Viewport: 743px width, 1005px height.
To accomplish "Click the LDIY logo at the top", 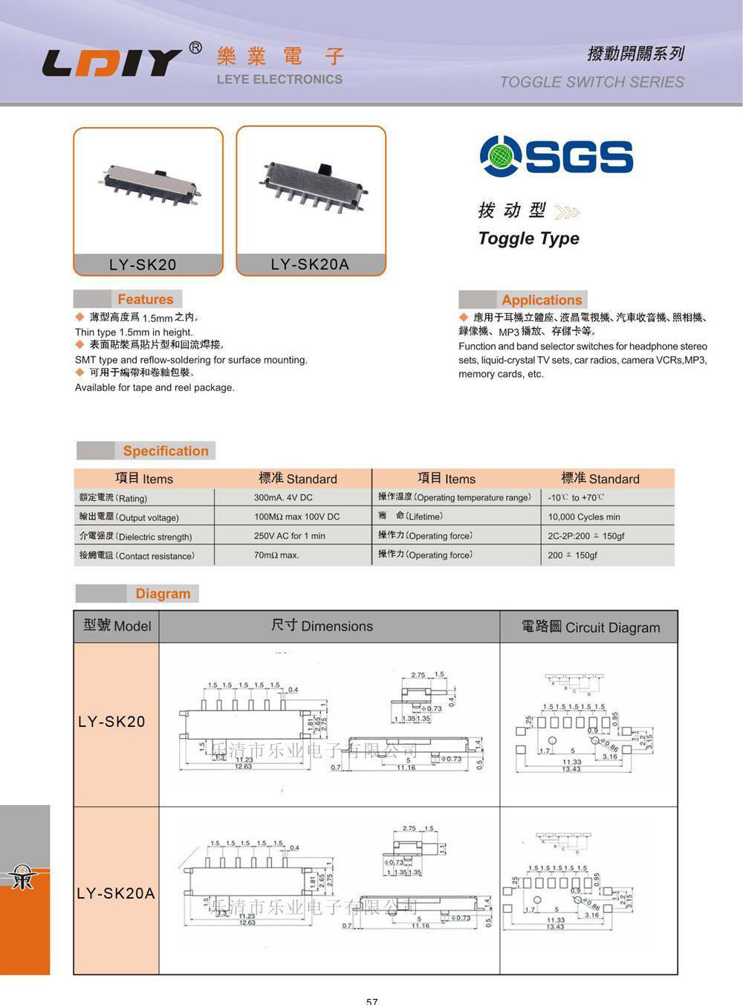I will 111,63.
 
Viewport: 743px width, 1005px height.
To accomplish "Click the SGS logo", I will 557,155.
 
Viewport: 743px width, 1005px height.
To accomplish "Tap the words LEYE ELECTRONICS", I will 279,80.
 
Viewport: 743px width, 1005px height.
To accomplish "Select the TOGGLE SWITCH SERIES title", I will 591,82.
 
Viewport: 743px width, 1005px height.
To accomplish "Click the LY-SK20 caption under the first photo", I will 143,265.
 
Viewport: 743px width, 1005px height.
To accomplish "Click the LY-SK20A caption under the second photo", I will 310,264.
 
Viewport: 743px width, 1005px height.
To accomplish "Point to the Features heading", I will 145,300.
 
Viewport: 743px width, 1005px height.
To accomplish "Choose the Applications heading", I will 542,300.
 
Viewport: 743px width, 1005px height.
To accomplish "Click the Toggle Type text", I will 528,239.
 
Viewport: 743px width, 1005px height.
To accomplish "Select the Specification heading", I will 165,451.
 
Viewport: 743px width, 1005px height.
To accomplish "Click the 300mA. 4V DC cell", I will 283,498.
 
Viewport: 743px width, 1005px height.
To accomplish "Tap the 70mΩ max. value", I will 276,555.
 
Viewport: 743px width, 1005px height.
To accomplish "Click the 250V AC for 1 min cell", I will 289,536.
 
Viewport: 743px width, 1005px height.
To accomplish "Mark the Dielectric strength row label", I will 136,537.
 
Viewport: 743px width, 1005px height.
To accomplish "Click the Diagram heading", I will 163,594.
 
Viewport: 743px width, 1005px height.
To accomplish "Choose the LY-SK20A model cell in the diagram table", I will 116,893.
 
